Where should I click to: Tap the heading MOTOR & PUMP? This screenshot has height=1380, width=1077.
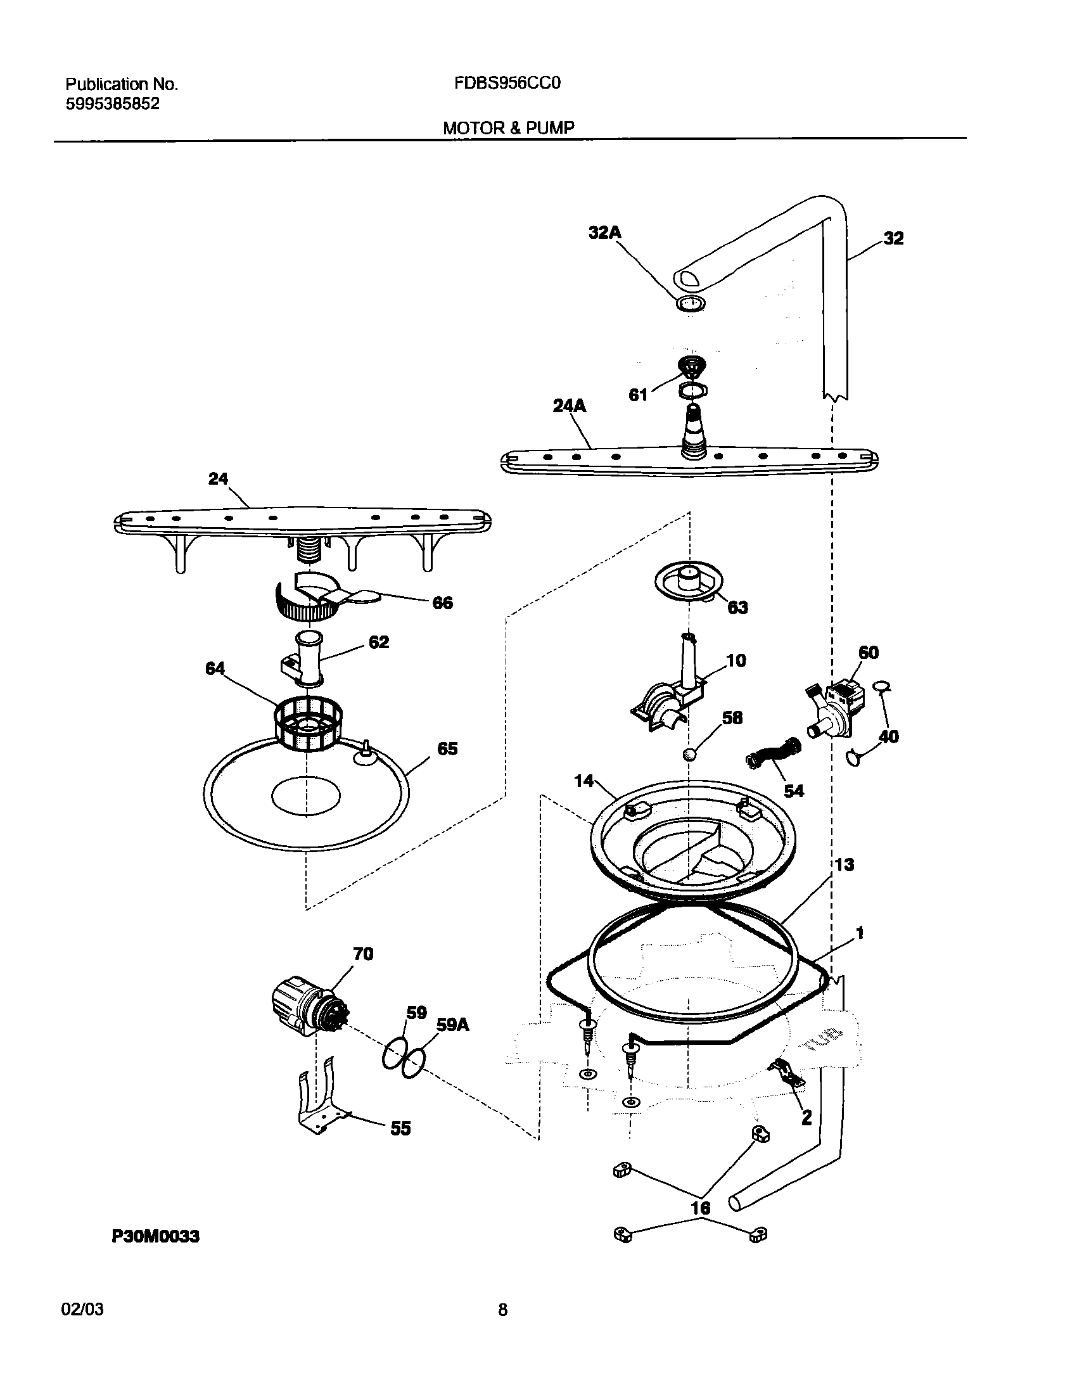coord(508,128)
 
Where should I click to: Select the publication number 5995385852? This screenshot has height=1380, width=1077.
coord(112,104)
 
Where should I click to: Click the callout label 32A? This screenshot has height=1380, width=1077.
coord(604,233)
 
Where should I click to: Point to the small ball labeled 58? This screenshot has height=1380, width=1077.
coord(690,754)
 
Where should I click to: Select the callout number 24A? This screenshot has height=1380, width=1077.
coord(569,406)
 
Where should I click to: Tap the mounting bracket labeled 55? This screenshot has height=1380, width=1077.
coord(320,1103)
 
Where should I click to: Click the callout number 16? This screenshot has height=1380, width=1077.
coord(700,1208)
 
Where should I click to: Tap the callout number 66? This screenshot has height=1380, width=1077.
coord(442,603)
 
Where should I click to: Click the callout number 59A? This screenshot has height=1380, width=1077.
coord(452,1025)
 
